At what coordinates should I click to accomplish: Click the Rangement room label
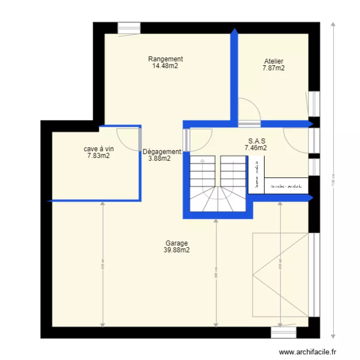pyautogui.click(x=165, y=59)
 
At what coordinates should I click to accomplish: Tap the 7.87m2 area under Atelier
pyautogui.click(x=273, y=68)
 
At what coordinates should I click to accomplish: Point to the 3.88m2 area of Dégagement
pyautogui.click(x=159, y=158)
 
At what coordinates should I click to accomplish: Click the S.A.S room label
pyautogui.click(x=257, y=141)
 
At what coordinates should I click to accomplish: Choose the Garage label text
pyautogui.click(x=176, y=243)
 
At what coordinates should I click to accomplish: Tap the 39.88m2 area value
pyautogui.click(x=176, y=250)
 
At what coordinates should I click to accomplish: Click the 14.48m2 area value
pyautogui.click(x=165, y=66)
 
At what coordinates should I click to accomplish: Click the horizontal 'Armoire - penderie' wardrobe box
pyautogui.click(x=286, y=186)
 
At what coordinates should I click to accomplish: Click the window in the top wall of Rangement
pyautogui.click(x=129, y=28)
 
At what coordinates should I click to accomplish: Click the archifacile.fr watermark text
pyautogui.click(x=308, y=352)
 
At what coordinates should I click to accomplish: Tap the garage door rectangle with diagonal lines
pyautogui.click(x=280, y=275)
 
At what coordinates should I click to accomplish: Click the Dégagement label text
pyautogui.click(x=162, y=152)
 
